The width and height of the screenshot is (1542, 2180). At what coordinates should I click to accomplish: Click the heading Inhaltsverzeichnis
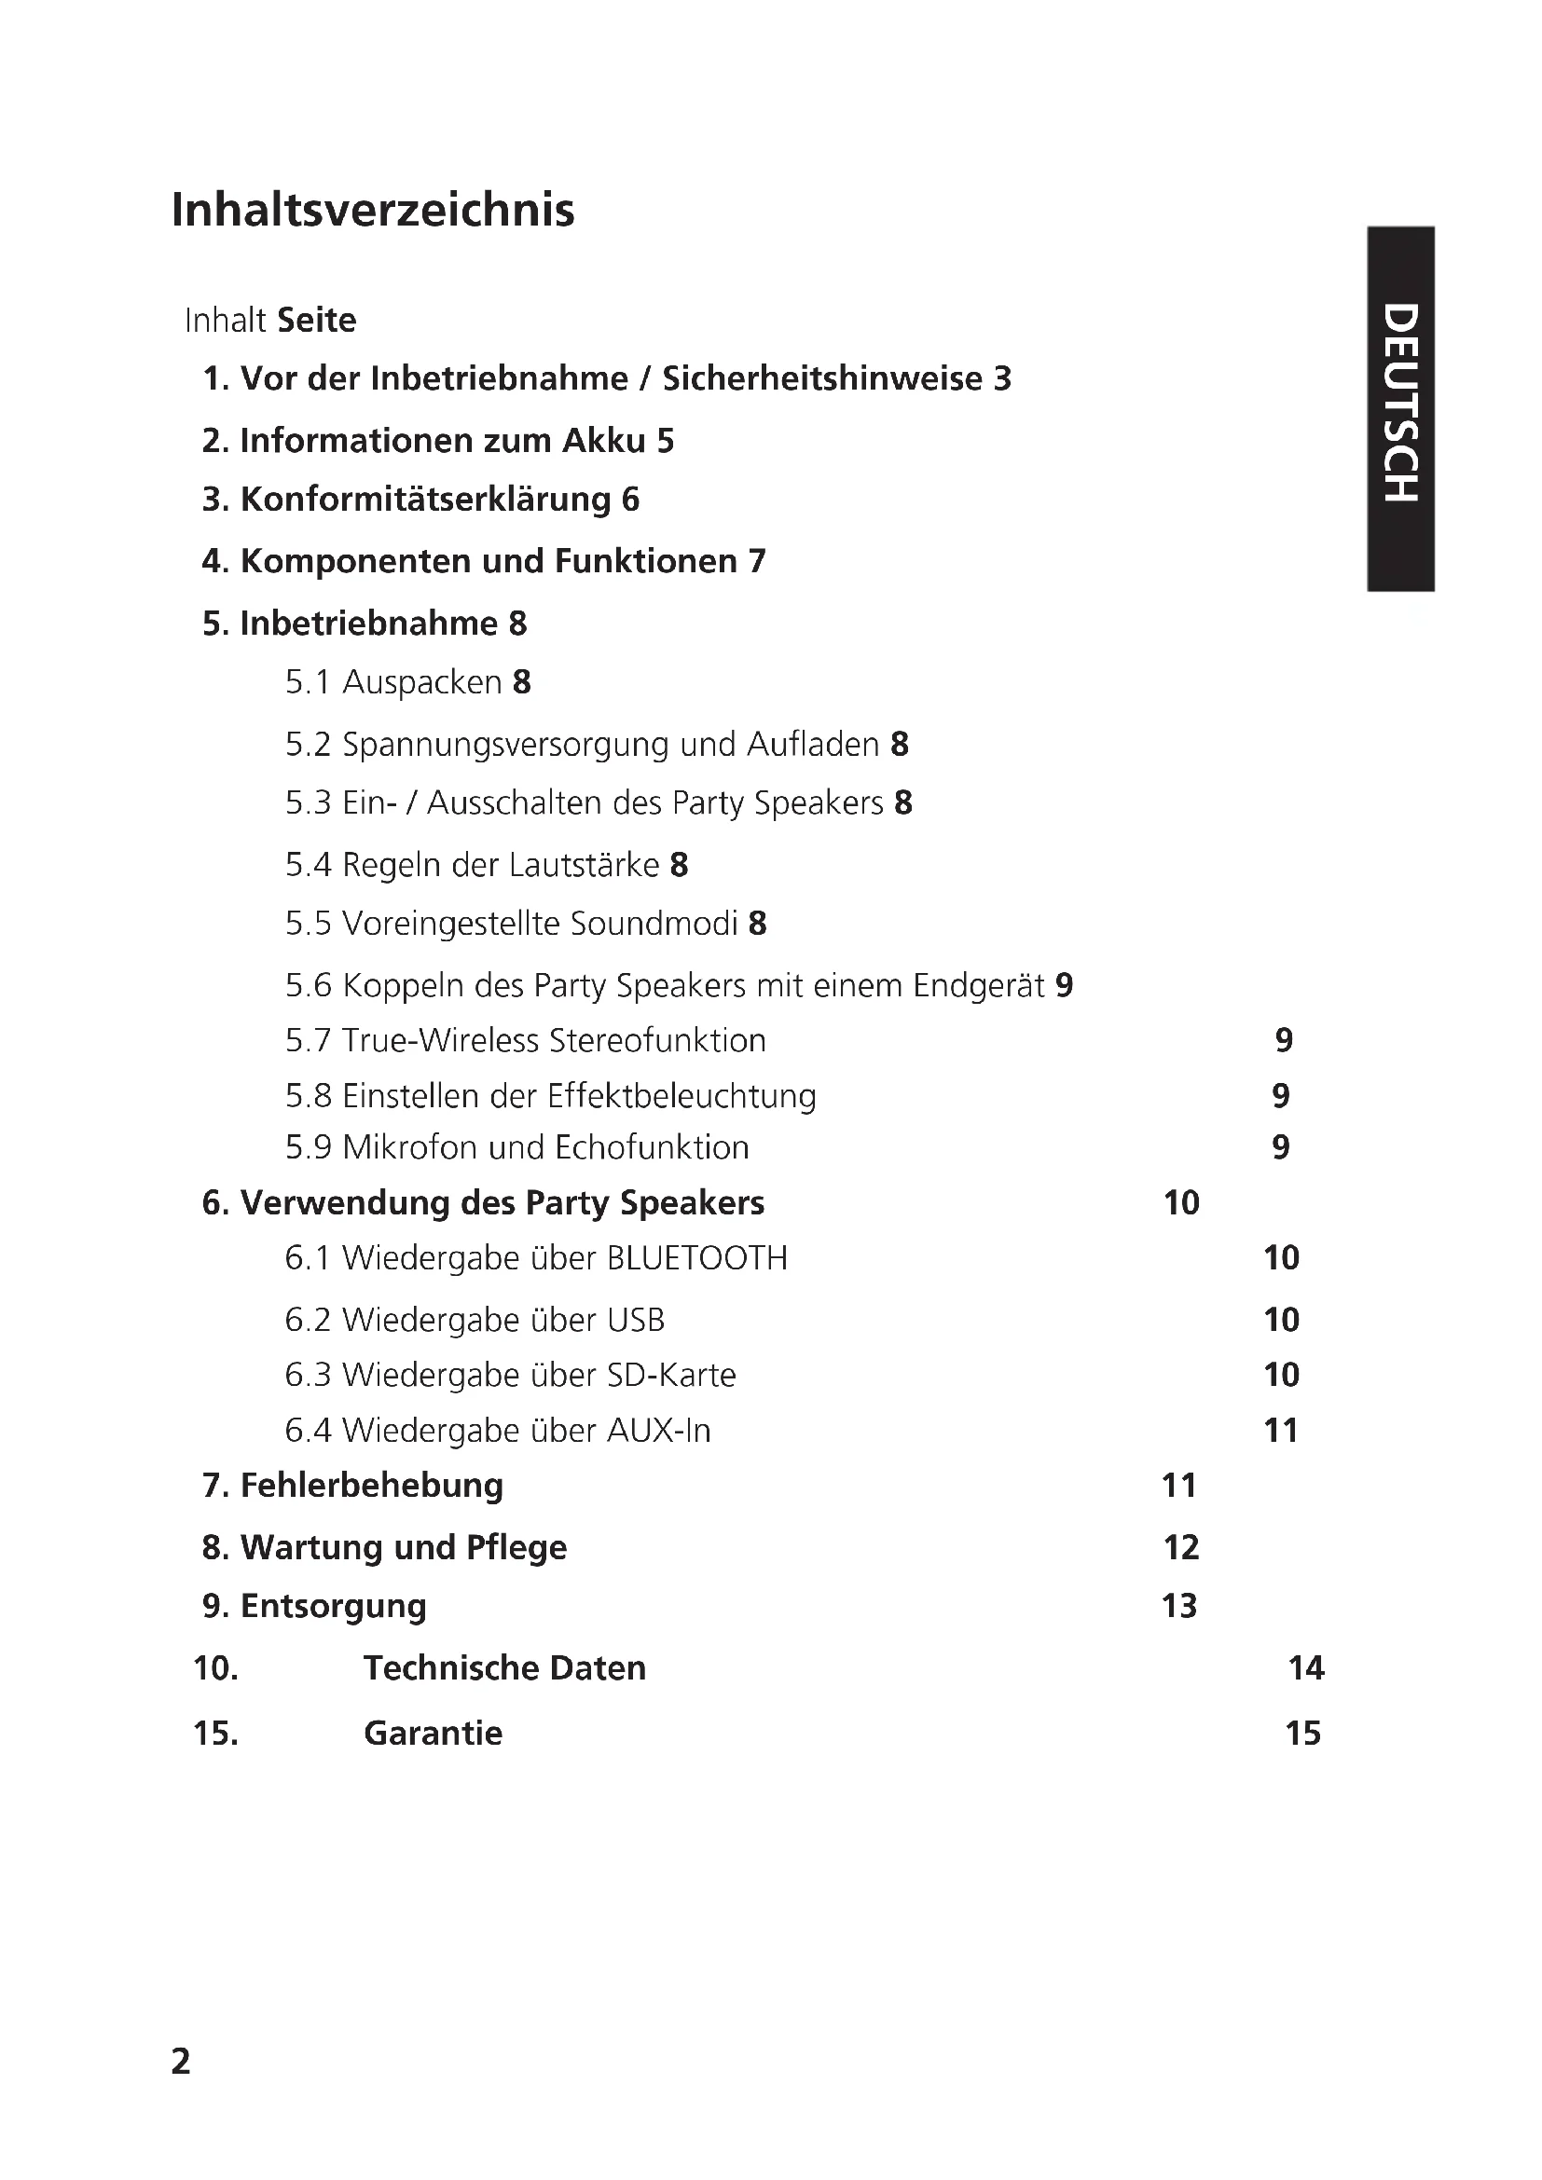click(372, 210)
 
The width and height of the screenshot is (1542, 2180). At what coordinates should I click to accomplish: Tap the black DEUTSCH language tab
click(1399, 407)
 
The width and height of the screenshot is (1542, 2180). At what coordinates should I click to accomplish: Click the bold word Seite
click(316, 321)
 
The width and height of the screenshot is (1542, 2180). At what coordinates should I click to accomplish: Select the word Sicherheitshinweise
click(822, 378)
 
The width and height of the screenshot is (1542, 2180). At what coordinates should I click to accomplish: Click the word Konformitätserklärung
click(425, 500)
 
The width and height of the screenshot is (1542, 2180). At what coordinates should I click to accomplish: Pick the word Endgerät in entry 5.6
click(979, 985)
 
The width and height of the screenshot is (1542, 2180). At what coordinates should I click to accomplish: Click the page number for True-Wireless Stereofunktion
click(1284, 1041)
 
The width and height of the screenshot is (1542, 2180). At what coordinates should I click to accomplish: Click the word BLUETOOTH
click(697, 1258)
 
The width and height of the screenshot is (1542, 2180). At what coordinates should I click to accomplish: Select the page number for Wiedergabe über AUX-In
click(1281, 1431)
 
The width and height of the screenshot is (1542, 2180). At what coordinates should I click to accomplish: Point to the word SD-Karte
click(677, 1376)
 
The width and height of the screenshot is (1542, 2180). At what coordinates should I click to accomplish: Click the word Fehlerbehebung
click(371, 1486)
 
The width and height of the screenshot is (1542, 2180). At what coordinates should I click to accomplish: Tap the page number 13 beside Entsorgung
click(1179, 1607)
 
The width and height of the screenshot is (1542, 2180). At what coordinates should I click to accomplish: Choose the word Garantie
click(433, 1734)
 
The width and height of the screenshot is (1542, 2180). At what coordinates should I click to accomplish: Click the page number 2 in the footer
click(181, 2062)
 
